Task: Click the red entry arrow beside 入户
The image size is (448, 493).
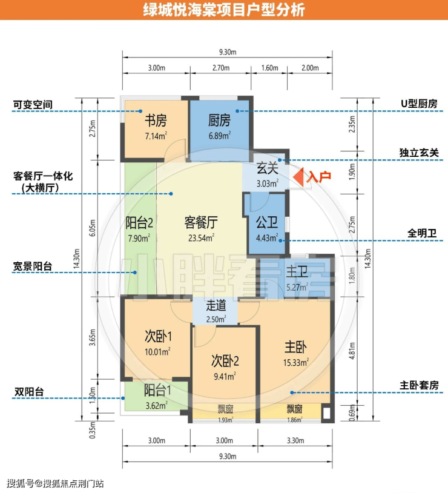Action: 299,177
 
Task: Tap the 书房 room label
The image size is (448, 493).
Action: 156,121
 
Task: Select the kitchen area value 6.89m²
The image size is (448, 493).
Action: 220,136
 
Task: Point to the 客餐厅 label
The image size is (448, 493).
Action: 201,223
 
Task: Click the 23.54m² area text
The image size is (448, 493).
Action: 201,237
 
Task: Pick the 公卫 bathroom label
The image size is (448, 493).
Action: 267,223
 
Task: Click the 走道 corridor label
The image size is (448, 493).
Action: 216,306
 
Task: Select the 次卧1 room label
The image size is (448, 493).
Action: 158,336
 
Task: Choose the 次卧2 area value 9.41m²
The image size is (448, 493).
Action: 225,376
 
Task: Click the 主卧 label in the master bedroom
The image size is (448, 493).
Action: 295,348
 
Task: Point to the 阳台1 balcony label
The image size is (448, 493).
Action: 157,391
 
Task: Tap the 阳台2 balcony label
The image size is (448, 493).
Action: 139,223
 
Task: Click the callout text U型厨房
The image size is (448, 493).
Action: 419,104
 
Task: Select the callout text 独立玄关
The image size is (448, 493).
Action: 419,153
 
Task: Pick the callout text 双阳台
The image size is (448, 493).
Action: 29,392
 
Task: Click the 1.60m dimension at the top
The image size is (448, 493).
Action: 270,68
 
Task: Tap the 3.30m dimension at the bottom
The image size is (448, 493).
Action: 295,440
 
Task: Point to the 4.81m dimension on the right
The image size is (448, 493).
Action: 352,351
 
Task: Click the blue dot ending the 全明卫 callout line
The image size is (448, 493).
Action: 280,240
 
